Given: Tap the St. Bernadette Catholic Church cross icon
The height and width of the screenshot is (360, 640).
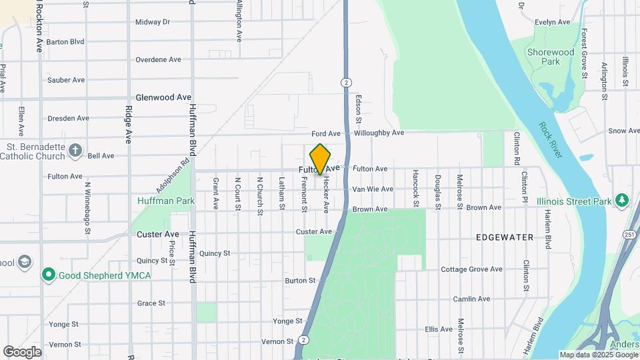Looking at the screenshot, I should click(75, 150).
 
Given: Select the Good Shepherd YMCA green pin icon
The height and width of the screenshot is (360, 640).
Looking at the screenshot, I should click(48, 274).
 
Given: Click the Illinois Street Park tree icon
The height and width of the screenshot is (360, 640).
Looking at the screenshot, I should click(621, 200).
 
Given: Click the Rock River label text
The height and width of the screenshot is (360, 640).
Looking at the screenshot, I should click(551, 139).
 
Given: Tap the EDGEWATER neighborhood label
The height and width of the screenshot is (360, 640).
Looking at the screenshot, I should click(505, 237).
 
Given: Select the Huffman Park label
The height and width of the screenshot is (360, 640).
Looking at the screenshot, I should click(166, 200).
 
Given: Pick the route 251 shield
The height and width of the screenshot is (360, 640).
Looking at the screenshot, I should click(630, 235).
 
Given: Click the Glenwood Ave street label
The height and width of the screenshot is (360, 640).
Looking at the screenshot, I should click(163, 97).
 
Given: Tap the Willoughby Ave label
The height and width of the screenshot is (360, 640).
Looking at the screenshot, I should click(379, 133).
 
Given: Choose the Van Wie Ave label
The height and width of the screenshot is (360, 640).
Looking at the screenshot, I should click(373, 189).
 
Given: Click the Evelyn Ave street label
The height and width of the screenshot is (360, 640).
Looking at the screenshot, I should click(553, 22).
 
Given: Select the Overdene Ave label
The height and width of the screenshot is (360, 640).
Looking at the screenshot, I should click(158, 59).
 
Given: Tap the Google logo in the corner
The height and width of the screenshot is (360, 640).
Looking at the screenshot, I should click(22, 352).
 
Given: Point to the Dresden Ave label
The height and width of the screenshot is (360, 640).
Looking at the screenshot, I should click(68, 119).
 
